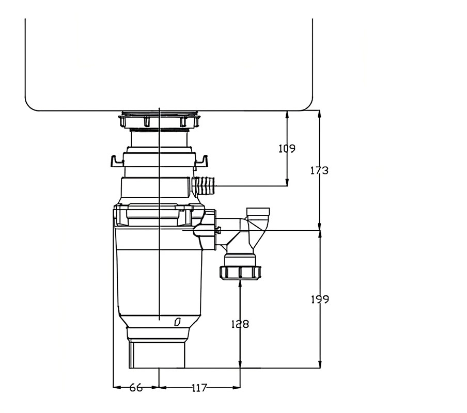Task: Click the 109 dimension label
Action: (287, 149)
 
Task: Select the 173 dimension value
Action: (319, 170)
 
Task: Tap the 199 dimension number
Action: (320, 299)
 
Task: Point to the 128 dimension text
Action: (240, 324)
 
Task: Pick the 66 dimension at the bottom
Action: (136, 388)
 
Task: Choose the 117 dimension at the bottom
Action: (199, 388)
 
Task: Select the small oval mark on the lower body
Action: (178, 322)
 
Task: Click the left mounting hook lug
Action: (117, 162)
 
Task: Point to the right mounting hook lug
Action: (201, 161)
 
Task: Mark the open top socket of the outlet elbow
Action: (258, 212)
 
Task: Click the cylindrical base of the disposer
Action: (157, 354)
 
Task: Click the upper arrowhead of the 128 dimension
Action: (240, 283)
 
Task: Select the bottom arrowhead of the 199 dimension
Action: (320, 364)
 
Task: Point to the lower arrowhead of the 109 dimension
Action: (287, 182)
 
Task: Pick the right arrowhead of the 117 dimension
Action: (237, 387)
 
